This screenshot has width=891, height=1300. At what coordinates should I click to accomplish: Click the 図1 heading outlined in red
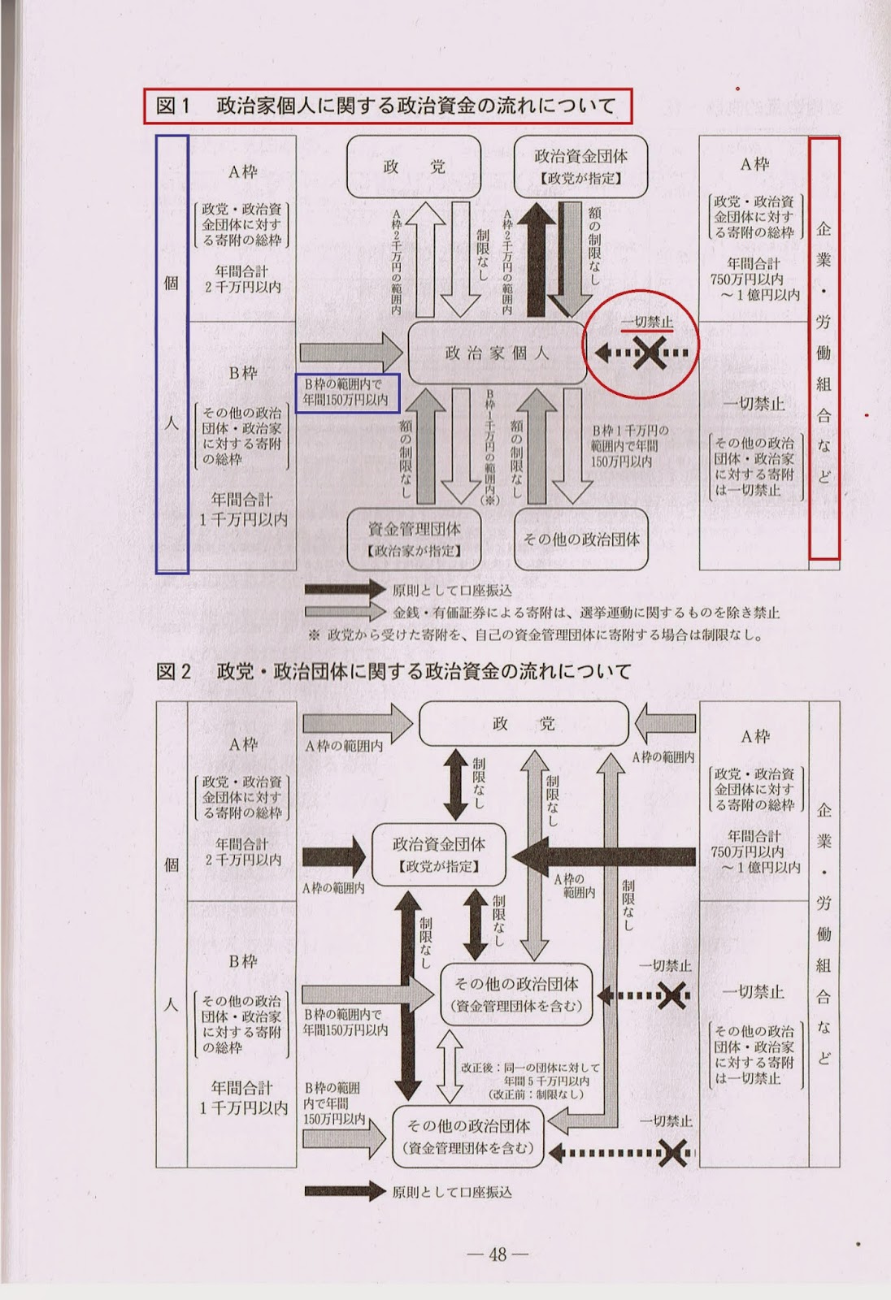[387, 106]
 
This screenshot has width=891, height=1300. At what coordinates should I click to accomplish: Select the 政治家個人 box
[497, 353]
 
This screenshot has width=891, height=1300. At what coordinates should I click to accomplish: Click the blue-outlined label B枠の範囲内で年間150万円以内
[346, 393]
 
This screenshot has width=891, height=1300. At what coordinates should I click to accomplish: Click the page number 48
[498, 1254]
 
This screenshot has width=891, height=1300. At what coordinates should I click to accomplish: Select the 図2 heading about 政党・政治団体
[393, 671]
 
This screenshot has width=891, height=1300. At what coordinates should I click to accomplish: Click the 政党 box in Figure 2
[523, 724]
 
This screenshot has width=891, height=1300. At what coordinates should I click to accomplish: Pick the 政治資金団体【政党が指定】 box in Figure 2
[439, 854]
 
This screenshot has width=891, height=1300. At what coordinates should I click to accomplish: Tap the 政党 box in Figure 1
[414, 167]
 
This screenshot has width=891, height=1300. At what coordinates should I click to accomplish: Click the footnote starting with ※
[535, 635]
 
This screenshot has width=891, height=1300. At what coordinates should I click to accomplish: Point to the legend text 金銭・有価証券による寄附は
[585, 613]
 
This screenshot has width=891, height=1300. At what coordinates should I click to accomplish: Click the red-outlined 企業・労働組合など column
[824, 349]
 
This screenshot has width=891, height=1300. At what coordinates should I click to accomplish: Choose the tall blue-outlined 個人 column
[172, 354]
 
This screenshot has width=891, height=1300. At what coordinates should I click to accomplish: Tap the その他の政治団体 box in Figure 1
[580, 539]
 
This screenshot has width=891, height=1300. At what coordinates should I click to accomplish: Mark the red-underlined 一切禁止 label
[647, 323]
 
